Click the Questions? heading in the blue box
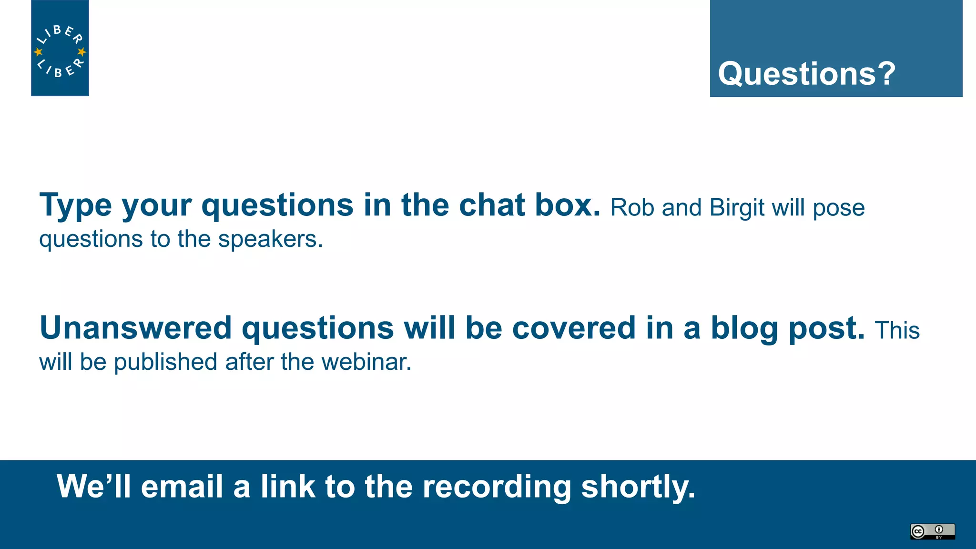click(x=806, y=74)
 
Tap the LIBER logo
click(x=60, y=48)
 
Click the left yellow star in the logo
click(x=39, y=51)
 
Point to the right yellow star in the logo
click(x=81, y=51)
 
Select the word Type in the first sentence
click(x=75, y=205)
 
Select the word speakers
click(x=270, y=239)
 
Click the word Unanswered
click(x=135, y=328)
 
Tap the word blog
click(x=744, y=329)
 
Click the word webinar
click(x=366, y=362)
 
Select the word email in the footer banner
click(x=182, y=487)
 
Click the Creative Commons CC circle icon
click(x=918, y=531)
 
